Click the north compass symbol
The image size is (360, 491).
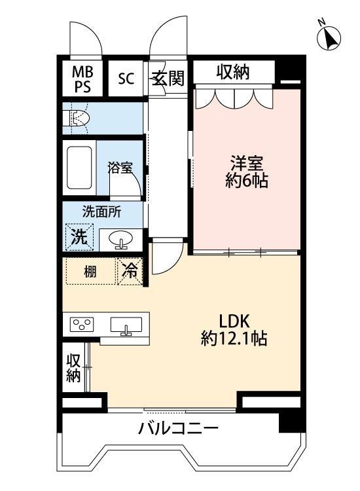tap(329, 39)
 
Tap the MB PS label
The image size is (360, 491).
tap(82, 78)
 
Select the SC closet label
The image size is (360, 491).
tap(126, 79)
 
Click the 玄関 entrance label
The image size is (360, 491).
tap(168, 79)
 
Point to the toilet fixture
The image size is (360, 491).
tap(78, 118)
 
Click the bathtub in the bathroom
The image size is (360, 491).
tap(80, 167)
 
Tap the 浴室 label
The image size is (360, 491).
tap(120, 167)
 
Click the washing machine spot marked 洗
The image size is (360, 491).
tap(79, 237)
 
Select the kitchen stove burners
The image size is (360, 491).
tap(82, 325)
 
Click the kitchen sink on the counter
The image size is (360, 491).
tap(126, 325)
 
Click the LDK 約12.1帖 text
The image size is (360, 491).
tap(233, 330)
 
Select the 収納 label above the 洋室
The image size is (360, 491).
tap(233, 73)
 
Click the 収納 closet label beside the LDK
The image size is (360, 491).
tap(73, 368)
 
